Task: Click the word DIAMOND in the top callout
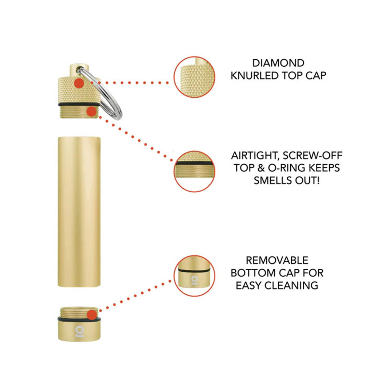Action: tap(278, 63)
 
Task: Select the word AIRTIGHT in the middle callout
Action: tap(255, 156)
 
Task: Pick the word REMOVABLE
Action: tap(277, 260)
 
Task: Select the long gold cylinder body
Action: tap(79, 212)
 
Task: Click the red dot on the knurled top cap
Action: tap(79, 83)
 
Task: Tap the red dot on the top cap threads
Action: tap(91, 111)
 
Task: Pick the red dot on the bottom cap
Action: tap(92, 314)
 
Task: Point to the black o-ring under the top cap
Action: tap(79, 105)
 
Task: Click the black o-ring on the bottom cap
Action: tap(79, 319)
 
